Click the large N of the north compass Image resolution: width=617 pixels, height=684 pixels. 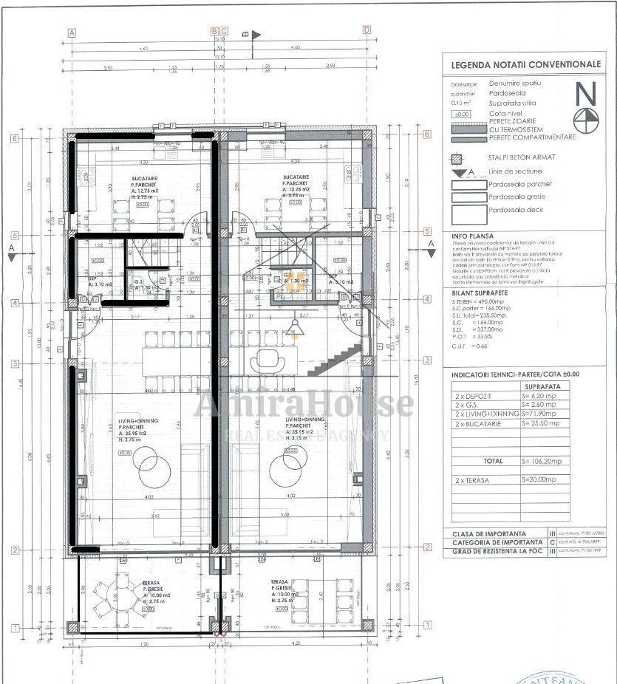point(586,93)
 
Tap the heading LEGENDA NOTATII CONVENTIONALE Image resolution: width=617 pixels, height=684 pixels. point(525,64)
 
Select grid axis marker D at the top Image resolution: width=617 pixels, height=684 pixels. point(367,30)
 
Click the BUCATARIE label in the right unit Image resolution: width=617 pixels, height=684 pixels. point(295,178)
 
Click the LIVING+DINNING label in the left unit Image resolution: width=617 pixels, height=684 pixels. point(137,420)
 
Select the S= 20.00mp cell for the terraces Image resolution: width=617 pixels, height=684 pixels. point(545,479)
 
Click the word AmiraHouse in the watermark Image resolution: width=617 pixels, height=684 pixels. point(304,403)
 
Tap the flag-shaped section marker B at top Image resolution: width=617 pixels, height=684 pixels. point(256,34)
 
